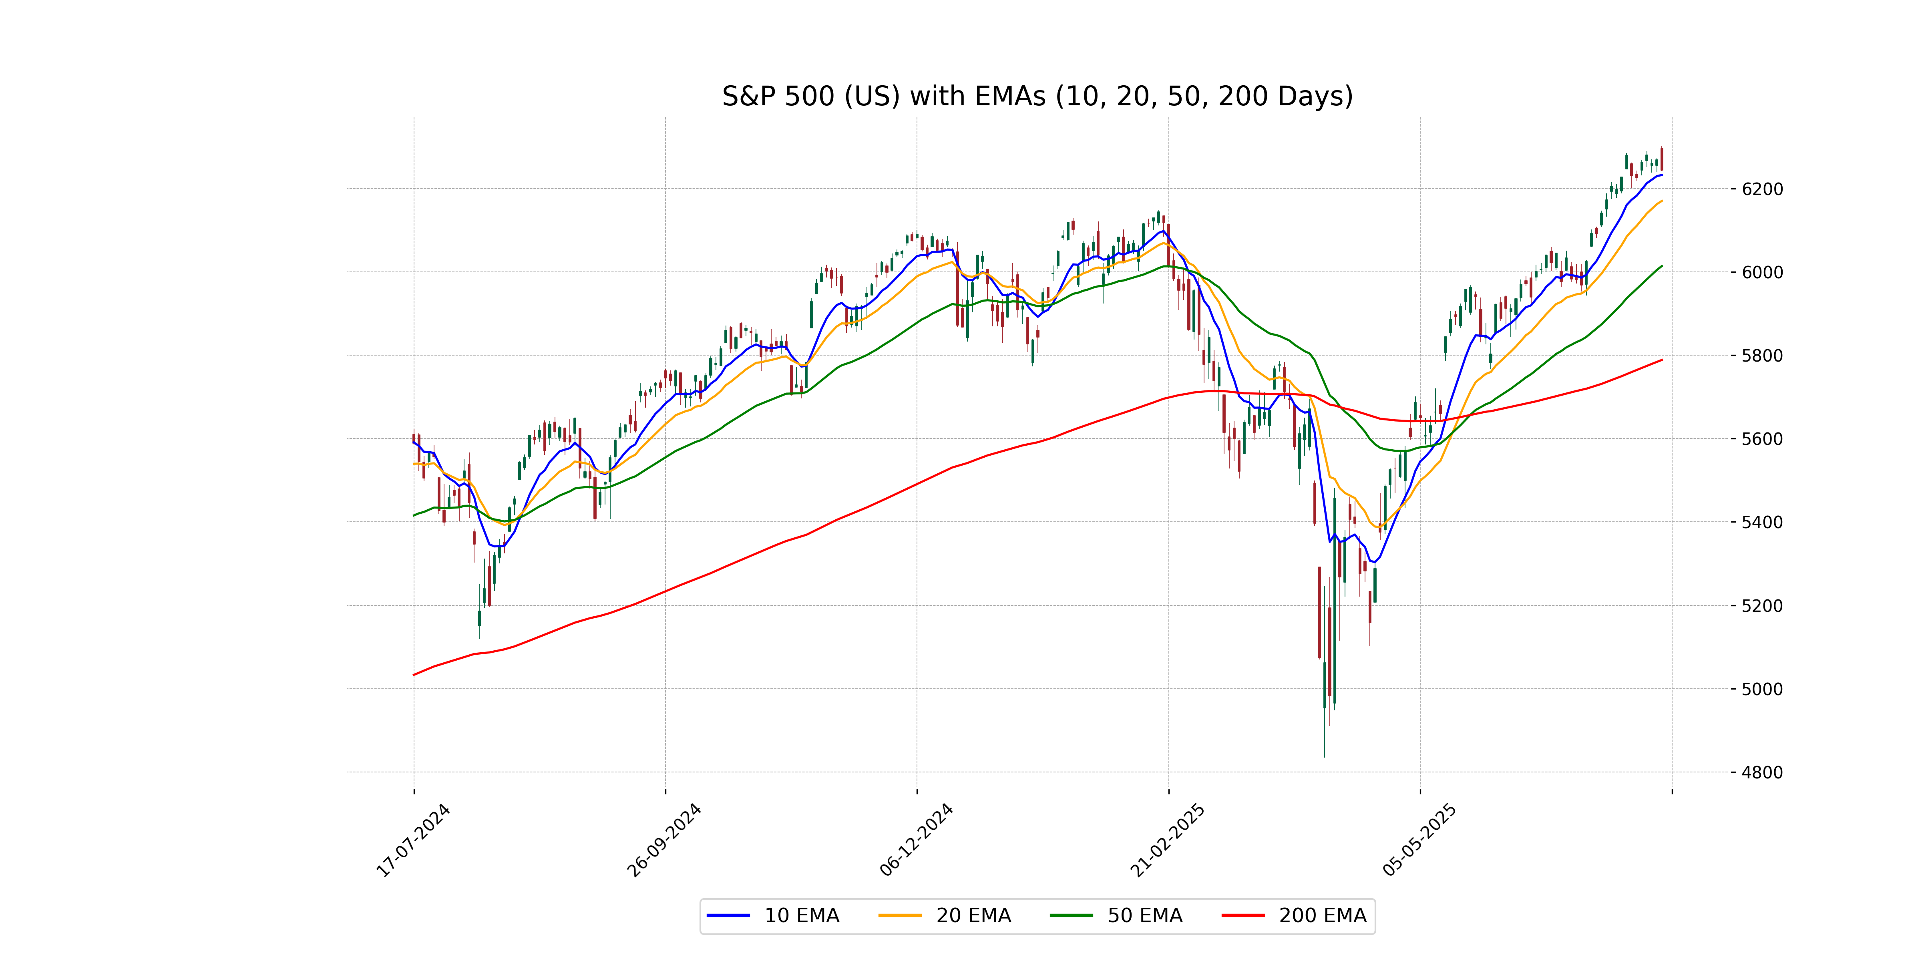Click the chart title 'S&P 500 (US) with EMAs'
[x=1037, y=96]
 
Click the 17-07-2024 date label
[x=412, y=841]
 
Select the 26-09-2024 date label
[x=664, y=841]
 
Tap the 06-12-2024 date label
[x=916, y=841]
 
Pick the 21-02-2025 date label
[x=1168, y=841]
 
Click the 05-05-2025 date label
[x=1419, y=841]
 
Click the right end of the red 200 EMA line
[x=1662, y=360]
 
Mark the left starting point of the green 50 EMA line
[x=414, y=516]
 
